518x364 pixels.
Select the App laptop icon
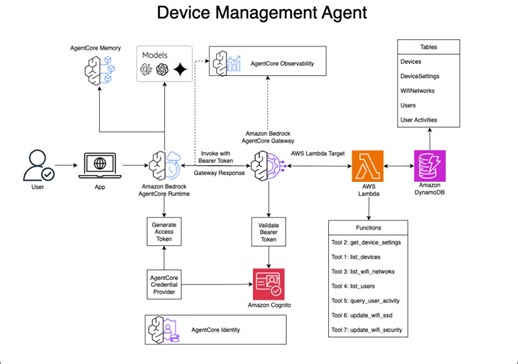point(100,165)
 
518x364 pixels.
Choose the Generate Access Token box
point(166,232)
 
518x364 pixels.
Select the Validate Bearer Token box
point(267,232)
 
